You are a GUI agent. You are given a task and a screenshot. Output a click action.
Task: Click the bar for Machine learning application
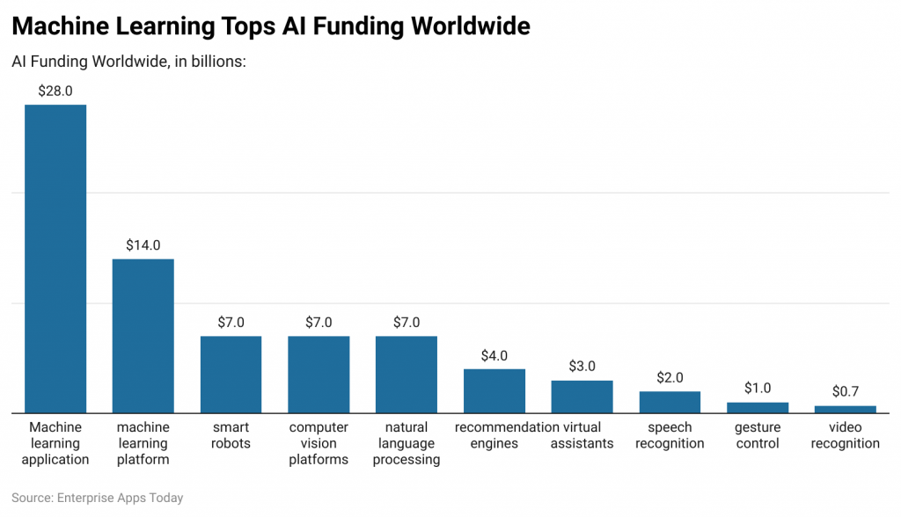[x=55, y=258]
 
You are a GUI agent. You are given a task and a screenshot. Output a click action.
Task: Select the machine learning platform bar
[x=143, y=336]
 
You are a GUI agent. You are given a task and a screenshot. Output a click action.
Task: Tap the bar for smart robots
[x=231, y=375]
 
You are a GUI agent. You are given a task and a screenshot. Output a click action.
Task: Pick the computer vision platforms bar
[x=319, y=375]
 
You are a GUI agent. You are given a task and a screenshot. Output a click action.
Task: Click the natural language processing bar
[x=407, y=375]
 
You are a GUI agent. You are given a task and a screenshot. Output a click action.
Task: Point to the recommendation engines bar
[x=494, y=390]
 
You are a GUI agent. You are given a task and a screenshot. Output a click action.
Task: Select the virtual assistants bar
[x=582, y=397]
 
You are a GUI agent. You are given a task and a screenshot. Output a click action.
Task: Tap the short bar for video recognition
[x=846, y=409]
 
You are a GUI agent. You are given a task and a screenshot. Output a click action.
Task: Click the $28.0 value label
[x=55, y=91]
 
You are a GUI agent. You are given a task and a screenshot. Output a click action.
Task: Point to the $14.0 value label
[x=143, y=245]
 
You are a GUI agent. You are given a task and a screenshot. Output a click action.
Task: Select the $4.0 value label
[x=494, y=356]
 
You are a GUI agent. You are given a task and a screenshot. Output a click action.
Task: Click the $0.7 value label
[x=846, y=392]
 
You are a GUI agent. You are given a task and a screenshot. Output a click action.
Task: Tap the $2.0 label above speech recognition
[x=670, y=378]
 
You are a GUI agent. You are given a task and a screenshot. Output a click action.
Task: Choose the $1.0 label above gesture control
[x=758, y=389]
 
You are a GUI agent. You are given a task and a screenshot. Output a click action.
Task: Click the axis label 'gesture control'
[x=758, y=435]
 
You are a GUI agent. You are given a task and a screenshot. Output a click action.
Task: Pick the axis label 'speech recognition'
[x=670, y=435]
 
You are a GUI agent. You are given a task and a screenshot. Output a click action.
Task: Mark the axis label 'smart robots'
[x=231, y=435]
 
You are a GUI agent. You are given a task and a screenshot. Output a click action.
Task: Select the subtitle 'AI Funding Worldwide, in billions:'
[x=129, y=62]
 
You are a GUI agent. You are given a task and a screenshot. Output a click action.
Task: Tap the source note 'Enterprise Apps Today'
[x=120, y=498]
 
